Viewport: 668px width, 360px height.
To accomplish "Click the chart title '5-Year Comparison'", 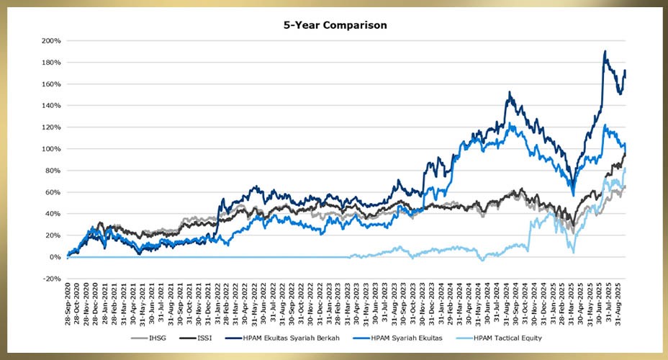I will [x=334, y=25].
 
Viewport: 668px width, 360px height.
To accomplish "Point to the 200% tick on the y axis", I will [x=51, y=41].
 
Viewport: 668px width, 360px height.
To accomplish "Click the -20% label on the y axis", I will [x=51, y=279].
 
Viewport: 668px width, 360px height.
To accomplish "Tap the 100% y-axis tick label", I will [x=51, y=149].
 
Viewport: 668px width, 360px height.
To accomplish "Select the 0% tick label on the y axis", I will [x=55, y=257].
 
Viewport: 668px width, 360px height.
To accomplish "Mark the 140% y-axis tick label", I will [x=51, y=106].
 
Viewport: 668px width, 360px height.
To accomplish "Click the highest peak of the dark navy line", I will [x=605, y=51].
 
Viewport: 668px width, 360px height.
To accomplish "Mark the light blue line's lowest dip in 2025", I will [x=574, y=252].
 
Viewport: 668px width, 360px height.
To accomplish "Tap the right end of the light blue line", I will [x=626, y=168].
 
